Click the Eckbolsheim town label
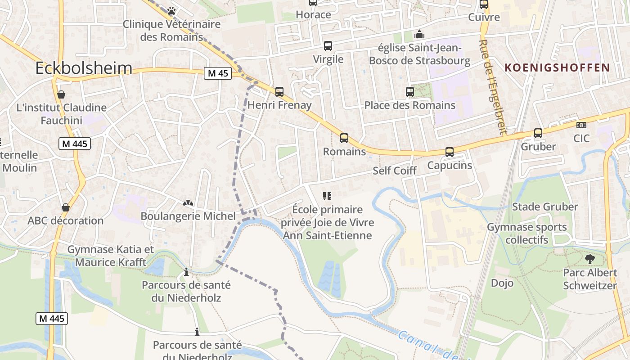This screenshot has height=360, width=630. [84, 68]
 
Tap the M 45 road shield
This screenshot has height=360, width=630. [218, 73]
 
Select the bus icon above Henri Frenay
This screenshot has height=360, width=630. [279, 92]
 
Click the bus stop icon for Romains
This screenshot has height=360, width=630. [344, 138]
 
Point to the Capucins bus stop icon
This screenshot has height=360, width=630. [449, 152]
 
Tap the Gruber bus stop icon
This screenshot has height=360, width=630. [538, 133]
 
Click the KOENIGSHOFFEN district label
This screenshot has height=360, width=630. [557, 68]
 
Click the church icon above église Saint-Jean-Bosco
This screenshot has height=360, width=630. [419, 34]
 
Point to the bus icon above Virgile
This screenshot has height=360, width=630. [328, 46]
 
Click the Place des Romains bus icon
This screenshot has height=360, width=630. [410, 92]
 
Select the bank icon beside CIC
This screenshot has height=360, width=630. [581, 125]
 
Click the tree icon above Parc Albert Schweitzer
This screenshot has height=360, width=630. [589, 259]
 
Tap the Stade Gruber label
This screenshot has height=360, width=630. [545, 207]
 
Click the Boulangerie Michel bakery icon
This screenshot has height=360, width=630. [188, 203]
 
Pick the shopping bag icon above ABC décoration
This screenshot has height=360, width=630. [66, 207]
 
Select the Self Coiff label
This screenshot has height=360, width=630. [395, 171]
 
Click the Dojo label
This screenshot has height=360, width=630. [502, 283]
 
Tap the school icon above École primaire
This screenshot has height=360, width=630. [327, 196]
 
